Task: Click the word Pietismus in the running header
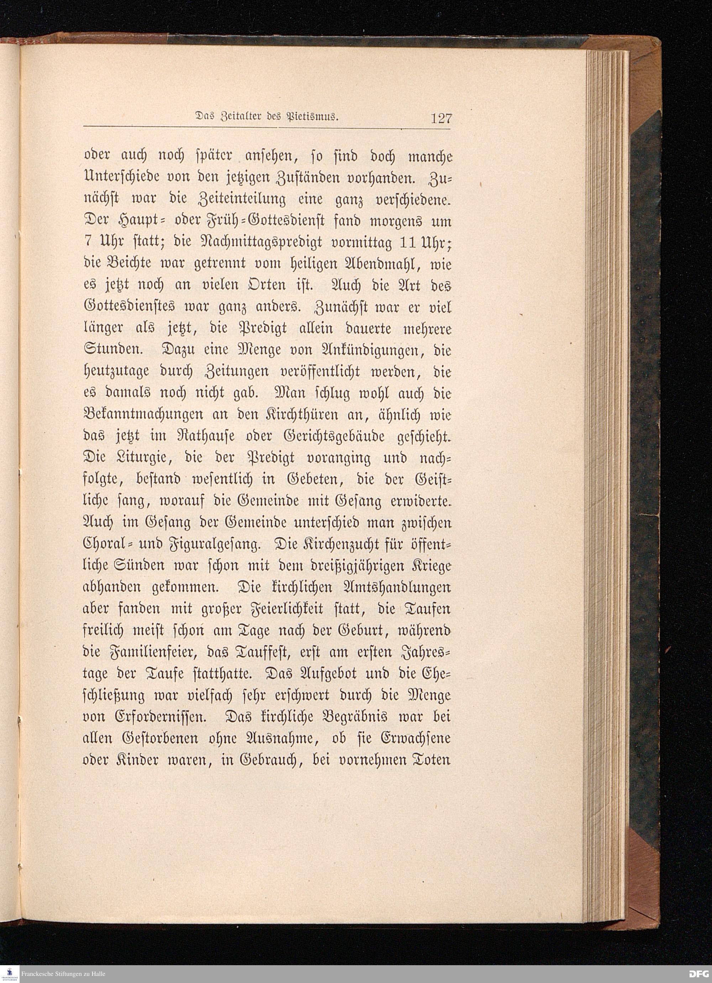coord(311,117)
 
